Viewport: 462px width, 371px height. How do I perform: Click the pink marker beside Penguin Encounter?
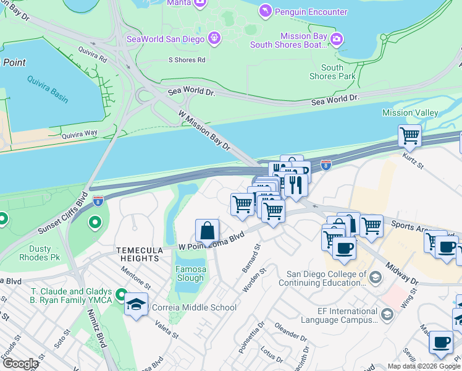266,11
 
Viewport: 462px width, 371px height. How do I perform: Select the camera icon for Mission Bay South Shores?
336,40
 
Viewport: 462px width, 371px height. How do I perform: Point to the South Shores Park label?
332,72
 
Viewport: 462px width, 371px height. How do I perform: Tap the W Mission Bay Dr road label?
204,130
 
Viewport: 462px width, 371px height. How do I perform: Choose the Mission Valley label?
410,113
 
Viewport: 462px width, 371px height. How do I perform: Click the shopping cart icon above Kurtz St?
409,135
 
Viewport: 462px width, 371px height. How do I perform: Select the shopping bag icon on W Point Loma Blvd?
208,231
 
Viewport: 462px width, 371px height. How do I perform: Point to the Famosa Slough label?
190,274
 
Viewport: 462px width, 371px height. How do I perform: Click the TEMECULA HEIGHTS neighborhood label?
140,250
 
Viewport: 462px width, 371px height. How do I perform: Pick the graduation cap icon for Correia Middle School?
136,305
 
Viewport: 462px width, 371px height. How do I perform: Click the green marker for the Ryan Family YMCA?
121,296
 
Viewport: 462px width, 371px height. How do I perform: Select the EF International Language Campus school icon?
387,315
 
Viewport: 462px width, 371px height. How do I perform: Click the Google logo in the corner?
20,364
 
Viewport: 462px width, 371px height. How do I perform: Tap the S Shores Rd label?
187,60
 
